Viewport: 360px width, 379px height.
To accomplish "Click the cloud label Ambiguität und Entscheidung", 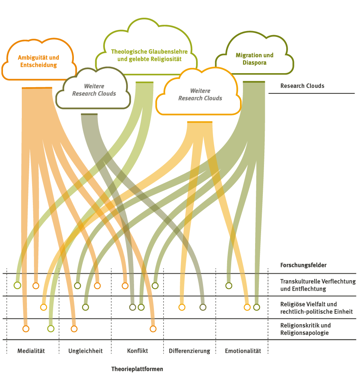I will point(38,61).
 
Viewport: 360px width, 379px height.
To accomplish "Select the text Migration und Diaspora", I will point(254,59).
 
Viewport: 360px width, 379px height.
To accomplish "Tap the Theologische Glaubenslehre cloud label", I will point(149,55).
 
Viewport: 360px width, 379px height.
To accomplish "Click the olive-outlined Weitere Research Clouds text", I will point(94,90).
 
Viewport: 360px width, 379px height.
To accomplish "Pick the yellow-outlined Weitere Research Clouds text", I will point(200,94).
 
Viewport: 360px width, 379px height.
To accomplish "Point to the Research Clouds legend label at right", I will point(302,86).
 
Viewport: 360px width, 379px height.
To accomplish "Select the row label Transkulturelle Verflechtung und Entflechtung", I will point(318,285).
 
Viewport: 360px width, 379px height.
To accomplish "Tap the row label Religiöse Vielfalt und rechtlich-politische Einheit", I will point(316,308).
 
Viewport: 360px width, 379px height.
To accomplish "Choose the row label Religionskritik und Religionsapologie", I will point(305,329).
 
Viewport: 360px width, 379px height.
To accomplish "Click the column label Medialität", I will point(31,351).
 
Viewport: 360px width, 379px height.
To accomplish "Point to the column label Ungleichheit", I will point(85,351).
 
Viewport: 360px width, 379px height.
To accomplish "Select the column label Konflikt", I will point(137,351).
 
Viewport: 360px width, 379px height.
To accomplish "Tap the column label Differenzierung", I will point(189,351).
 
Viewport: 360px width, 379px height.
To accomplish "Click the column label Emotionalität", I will point(243,351).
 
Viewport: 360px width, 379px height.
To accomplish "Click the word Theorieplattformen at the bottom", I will point(137,369).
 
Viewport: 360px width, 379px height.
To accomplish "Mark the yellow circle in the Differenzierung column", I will point(182,307).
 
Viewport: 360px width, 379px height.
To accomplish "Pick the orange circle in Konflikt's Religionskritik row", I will point(153,328).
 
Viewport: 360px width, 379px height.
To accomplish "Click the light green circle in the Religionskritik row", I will point(51,328).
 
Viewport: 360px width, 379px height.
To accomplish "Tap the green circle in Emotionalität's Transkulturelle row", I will point(229,285).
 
